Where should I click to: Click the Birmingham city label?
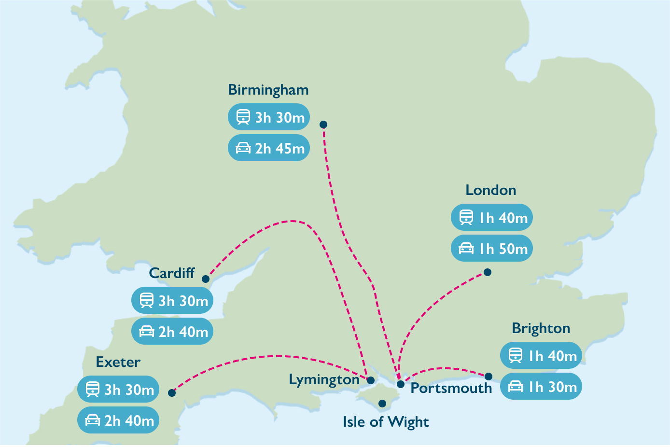[x=268, y=90]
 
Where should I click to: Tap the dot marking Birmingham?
[x=323, y=125]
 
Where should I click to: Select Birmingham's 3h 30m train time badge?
[x=268, y=117]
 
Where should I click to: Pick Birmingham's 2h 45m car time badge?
[x=268, y=148]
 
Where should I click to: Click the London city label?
[x=490, y=190]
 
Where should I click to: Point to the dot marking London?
[x=488, y=272]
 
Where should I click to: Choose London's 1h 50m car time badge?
[x=491, y=248]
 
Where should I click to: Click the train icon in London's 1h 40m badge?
[x=466, y=217]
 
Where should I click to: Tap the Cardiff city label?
[x=172, y=273]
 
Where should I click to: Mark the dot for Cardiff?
[x=206, y=279]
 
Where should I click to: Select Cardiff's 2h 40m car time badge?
[x=172, y=331]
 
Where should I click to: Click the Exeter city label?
[x=118, y=362]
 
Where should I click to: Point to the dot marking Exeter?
[x=172, y=393]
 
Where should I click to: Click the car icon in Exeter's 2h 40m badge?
[x=93, y=420]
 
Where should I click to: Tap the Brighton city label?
[x=541, y=329]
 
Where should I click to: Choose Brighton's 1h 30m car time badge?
[x=541, y=386]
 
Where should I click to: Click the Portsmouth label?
[x=451, y=388]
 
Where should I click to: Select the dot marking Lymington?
[x=371, y=380]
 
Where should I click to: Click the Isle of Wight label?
[x=386, y=422]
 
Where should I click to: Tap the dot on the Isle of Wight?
[x=382, y=404]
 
